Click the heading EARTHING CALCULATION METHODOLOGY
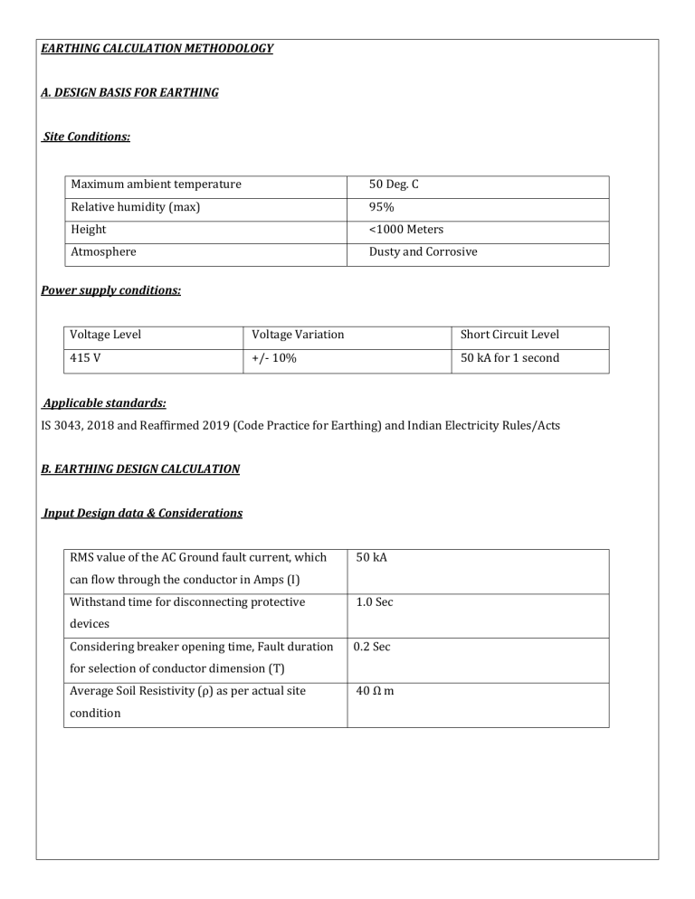click(157, 48)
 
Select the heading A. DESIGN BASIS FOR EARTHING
click(129, 92)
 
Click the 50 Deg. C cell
click(394, 185)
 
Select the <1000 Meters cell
click(406, 231)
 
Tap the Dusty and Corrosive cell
click(423, 253)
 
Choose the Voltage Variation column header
click(299, 336)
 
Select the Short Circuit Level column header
click(507, 336)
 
